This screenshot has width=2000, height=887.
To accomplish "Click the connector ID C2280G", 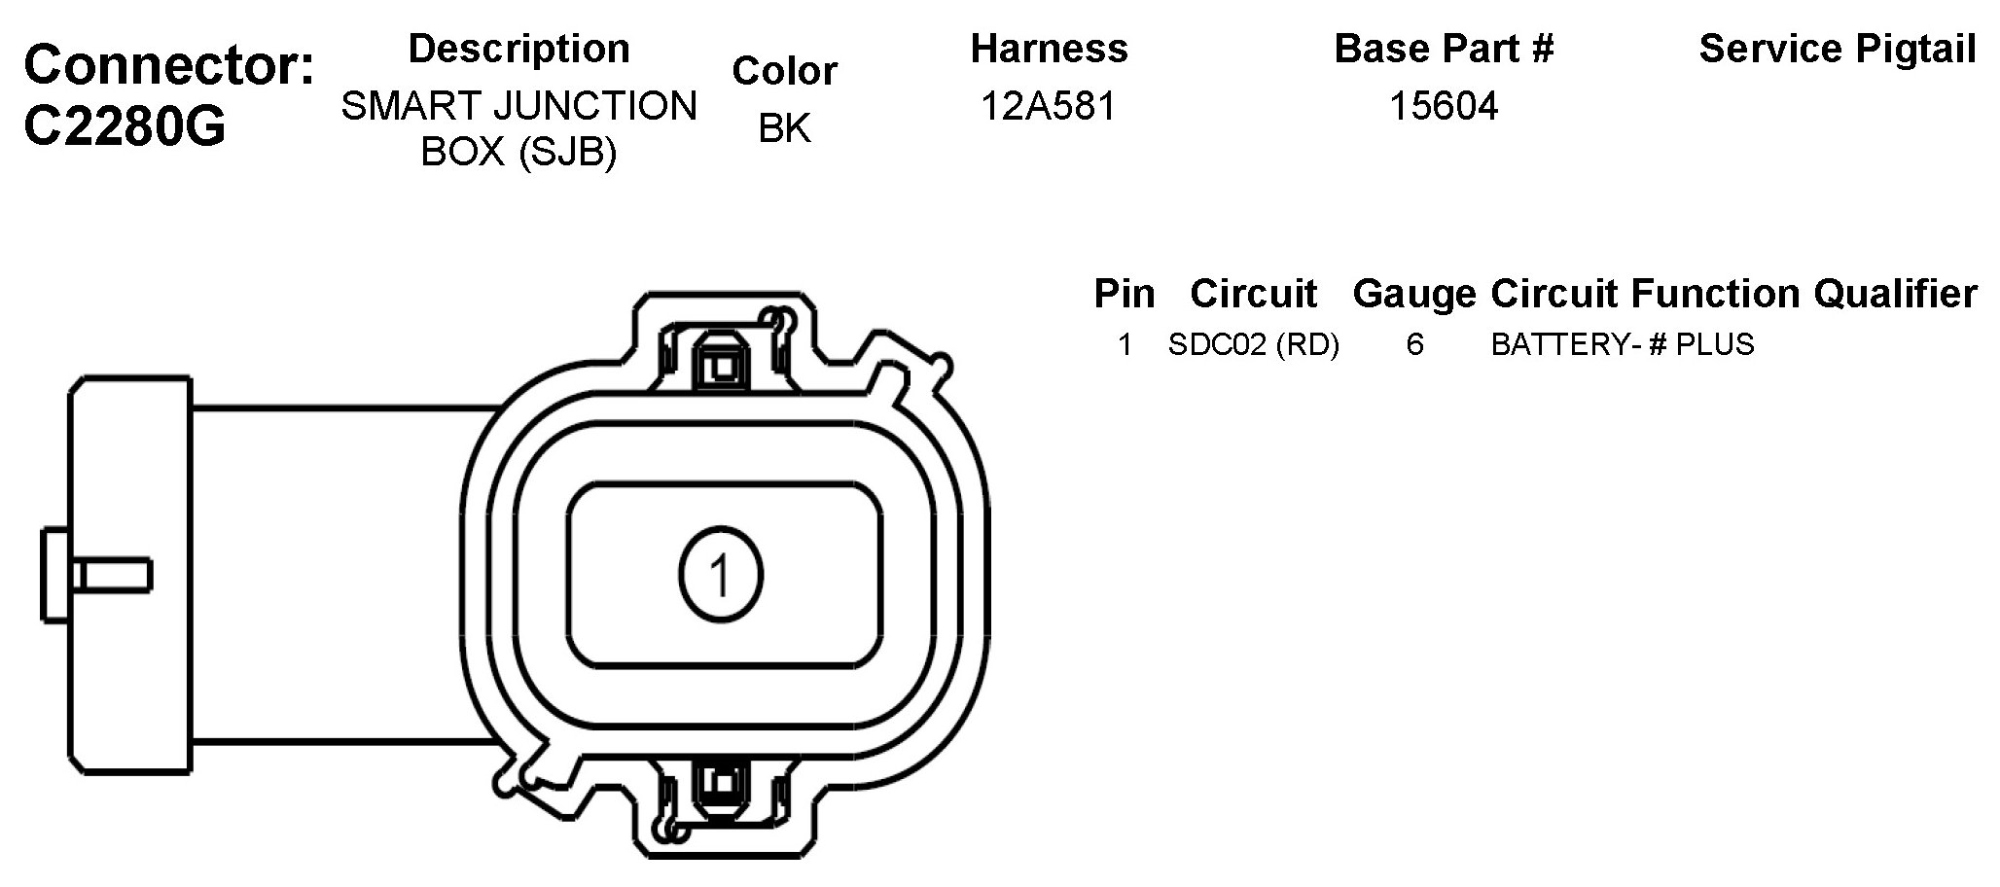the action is tap(125, 126).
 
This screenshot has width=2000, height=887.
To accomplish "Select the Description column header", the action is tap(518, 49).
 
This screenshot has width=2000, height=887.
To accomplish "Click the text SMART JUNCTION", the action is tap(518, 106).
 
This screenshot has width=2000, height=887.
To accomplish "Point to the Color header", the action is tap(784, 71).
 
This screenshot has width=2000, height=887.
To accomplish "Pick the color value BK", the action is tap(784, 127).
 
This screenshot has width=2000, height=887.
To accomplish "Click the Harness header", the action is tap(1049, 49).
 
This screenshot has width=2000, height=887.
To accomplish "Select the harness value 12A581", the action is tap(1049, 106).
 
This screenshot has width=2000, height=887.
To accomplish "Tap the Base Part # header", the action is tap(1444, 49).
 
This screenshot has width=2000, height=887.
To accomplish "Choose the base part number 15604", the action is tap(1444, 106).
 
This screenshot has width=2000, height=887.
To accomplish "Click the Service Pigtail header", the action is tap(1837, 49).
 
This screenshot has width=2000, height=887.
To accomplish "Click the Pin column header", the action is tap(1125, 293).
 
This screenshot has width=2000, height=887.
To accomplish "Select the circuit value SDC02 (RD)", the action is tap(1253, 344).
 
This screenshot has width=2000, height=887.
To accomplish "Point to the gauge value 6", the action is tap(1414, 344).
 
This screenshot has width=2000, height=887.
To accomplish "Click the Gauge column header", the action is tap(1414, 293).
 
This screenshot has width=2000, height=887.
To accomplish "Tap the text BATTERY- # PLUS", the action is tap(1622, 344).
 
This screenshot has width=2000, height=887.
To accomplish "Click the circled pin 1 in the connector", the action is tap(721, 575).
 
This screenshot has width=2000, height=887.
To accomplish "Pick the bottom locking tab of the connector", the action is tap(721, 784).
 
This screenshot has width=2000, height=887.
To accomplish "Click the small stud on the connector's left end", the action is tap(97, 575).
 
